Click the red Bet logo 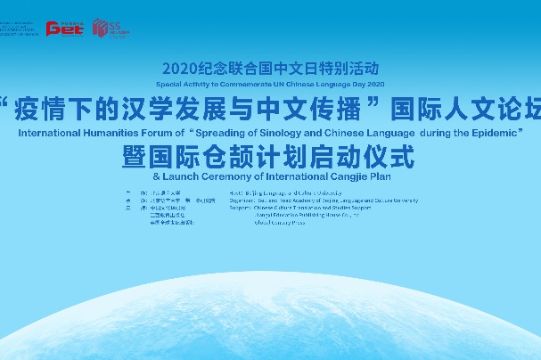(64, 29)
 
